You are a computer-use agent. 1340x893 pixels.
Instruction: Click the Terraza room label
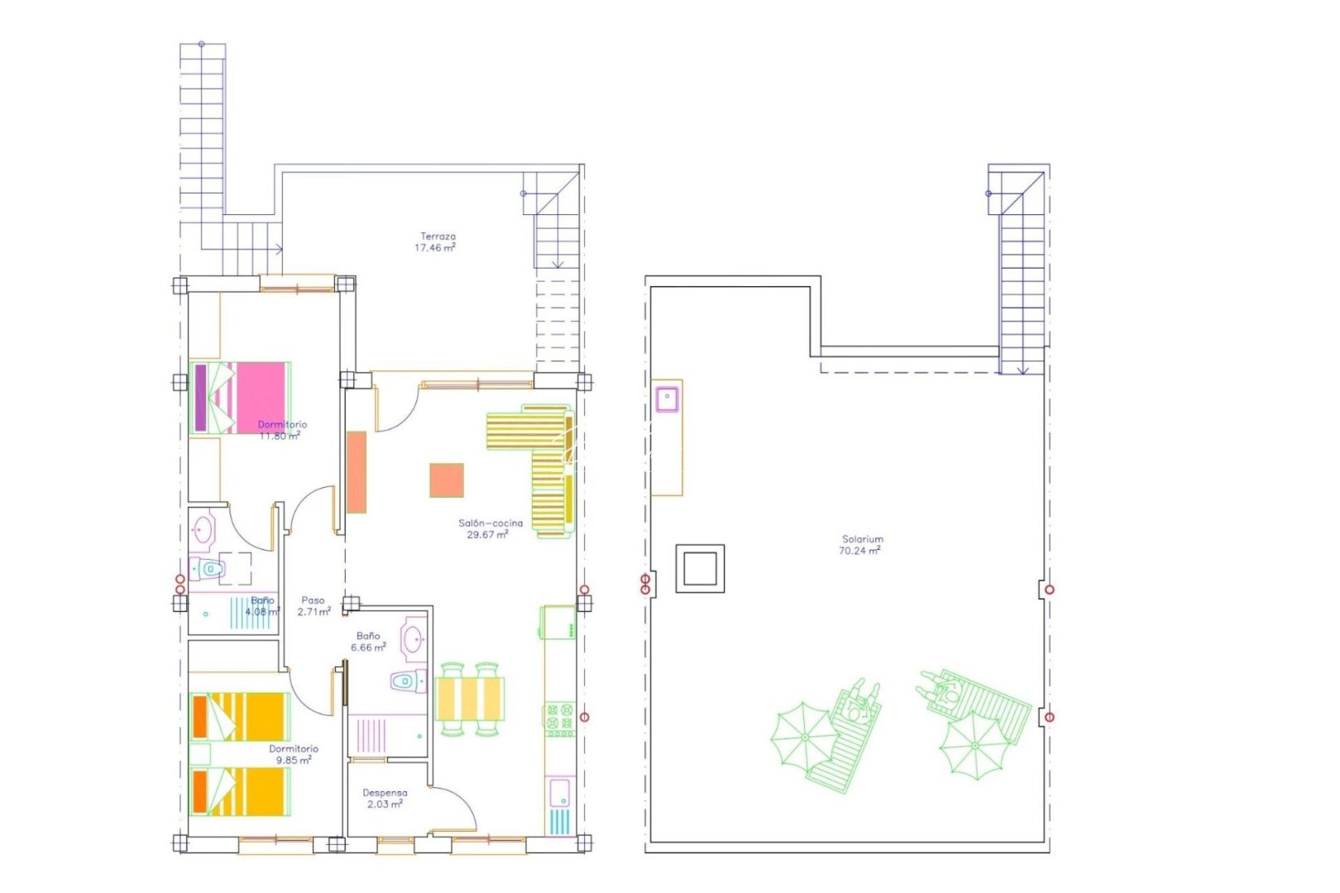point(438,236)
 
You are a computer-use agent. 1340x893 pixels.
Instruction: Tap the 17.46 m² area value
point(435,247)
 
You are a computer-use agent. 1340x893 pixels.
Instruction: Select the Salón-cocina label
point(491,523)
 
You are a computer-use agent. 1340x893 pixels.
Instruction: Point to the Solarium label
point(863,539)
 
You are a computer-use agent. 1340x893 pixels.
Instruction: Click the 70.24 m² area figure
point(859,551)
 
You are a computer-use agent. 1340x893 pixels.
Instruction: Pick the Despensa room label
point(385,793)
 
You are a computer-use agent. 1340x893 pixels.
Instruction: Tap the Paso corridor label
point(313,600)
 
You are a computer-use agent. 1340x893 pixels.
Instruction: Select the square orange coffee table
point(446,480)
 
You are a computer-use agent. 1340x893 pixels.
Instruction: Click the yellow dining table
point(469,699)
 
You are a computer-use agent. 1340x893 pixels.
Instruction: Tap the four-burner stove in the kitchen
point(559,720)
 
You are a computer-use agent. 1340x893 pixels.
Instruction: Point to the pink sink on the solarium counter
point(666,399)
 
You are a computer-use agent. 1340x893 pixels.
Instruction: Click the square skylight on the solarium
point(700,568)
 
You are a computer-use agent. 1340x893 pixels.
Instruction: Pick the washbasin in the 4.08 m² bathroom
point(203,529)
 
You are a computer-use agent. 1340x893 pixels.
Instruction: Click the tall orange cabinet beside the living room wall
point(357,472)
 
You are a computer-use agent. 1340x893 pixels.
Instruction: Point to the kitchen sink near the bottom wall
point(558,793)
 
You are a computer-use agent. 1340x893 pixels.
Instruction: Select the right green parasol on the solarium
point(975,745)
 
